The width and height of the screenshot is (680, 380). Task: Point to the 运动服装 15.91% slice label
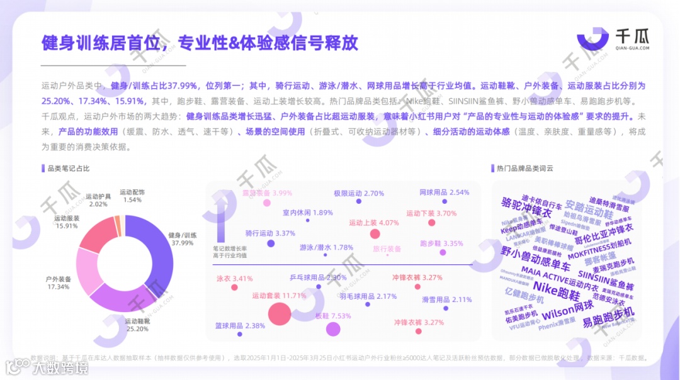(67, 222)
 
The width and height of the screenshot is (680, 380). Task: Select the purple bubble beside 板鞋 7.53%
(332, 329)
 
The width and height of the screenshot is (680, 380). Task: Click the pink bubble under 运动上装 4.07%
(375, 235)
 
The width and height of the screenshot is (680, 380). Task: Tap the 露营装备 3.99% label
(267, 193)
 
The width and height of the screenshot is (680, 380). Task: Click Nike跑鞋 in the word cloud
(557, 293)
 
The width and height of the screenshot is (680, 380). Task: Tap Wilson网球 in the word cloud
(567, 310)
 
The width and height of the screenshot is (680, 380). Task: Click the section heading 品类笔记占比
(69, 169)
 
